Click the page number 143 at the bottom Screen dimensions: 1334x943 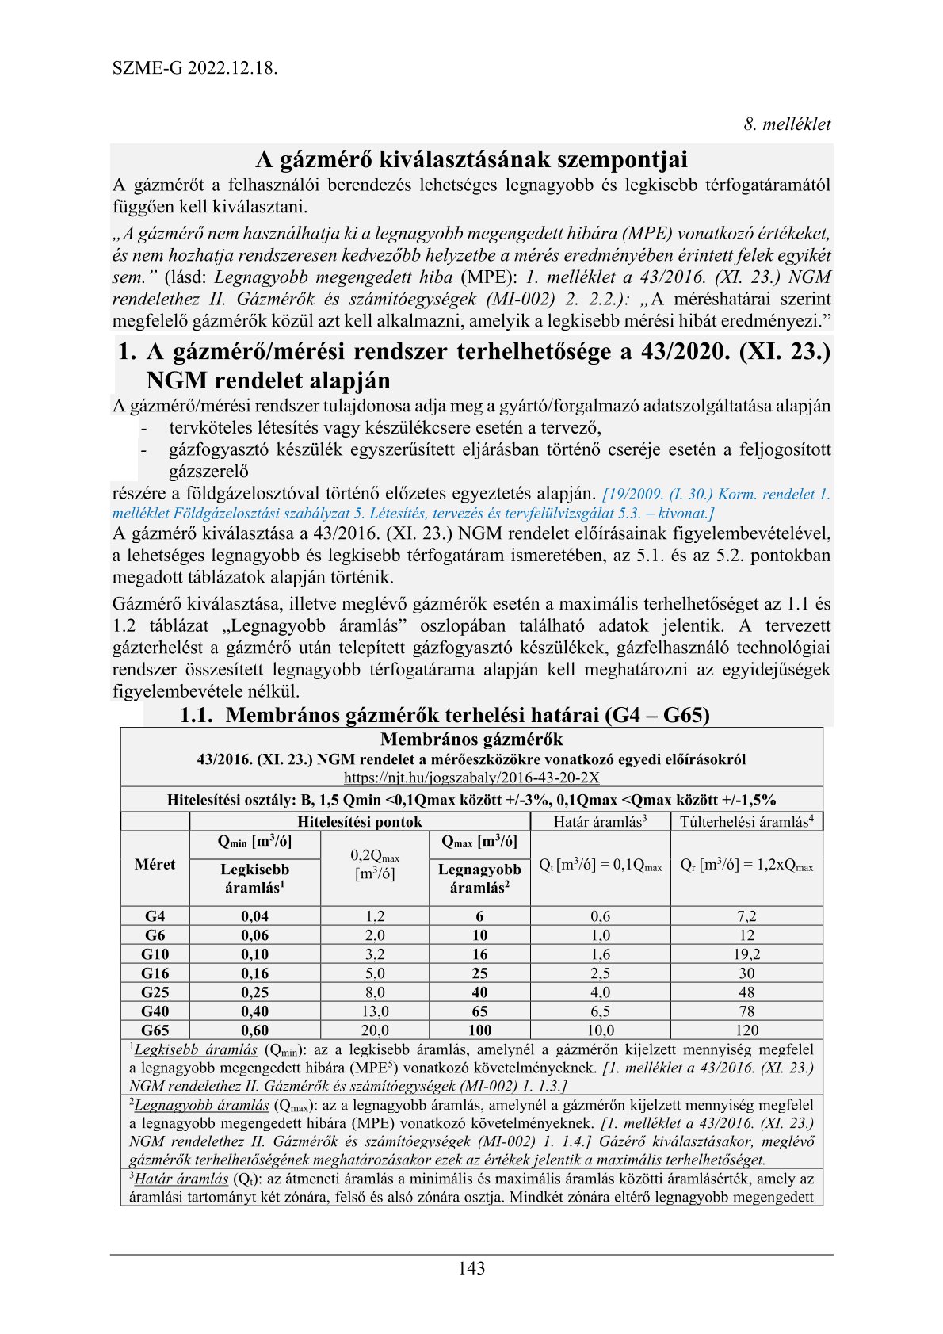point(471,1268)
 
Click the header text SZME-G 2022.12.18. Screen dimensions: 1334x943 point(195,67)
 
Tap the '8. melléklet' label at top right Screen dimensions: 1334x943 point(786,124)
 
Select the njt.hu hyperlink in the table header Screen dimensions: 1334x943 point(471,778)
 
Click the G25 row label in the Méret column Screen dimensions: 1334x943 point(155,992)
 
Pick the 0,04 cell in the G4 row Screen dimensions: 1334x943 point(254,916)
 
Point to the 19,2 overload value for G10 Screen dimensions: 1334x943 point(746,954)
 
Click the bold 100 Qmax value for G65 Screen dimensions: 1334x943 point(479,1030)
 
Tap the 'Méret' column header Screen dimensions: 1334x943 point(155,864)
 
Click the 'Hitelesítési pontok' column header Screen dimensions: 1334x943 point(360,822)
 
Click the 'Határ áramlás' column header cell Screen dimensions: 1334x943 point(600,822)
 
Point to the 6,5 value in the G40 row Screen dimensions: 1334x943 point(600,1011)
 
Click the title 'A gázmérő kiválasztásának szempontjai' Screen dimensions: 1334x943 point(471,159)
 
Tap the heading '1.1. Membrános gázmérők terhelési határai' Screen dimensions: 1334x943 point(444,715)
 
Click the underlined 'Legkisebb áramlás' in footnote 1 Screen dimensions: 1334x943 point(196,1050)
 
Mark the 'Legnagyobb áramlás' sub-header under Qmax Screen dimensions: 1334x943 point(479,878)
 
